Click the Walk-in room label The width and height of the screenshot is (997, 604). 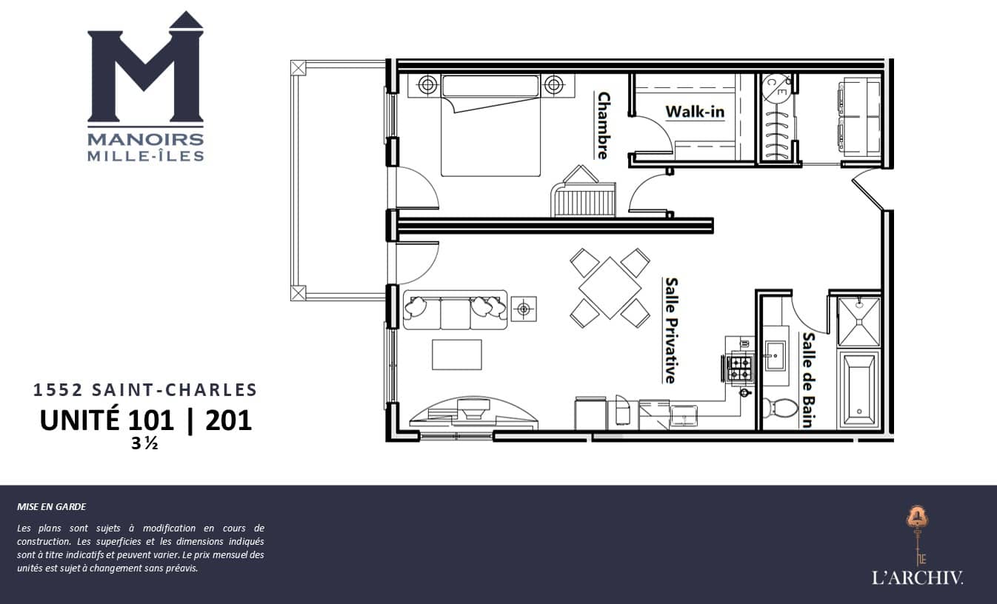tap(695, 112)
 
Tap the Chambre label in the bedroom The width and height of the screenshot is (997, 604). tap(603, 125)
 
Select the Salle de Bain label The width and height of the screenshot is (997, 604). tap(808, 380)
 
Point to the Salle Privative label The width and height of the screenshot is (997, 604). tap(671, 330)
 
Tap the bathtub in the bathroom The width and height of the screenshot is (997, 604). tap(858, 391)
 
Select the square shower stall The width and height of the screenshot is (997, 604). tap(858, 321)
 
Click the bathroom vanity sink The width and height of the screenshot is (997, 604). tap(775, 355)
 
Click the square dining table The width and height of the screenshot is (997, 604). tap(610, 288)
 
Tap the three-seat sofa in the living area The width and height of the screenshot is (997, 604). tap(455, 309)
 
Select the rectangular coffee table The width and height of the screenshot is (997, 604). tap(457, 355)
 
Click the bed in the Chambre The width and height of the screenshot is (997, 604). tap(490, 125)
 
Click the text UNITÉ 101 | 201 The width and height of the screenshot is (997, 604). tap(146, 420)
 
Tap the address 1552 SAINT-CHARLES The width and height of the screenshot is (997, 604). tap(145, 389)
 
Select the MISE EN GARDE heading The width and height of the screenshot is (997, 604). tap(52, 506)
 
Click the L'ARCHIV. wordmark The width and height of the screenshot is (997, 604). tap(917, 577)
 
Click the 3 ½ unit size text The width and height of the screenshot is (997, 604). tap(144, 443)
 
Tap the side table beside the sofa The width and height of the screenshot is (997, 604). tap(524, 309)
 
